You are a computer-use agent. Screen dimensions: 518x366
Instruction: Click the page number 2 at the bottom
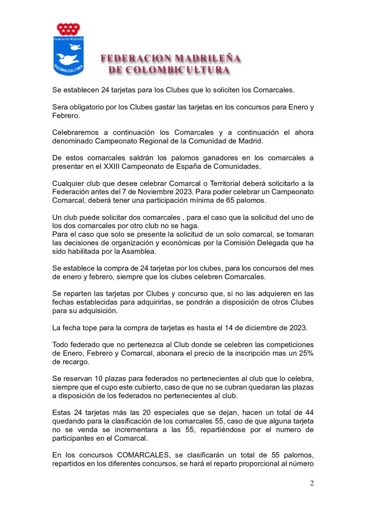(311, 483)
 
